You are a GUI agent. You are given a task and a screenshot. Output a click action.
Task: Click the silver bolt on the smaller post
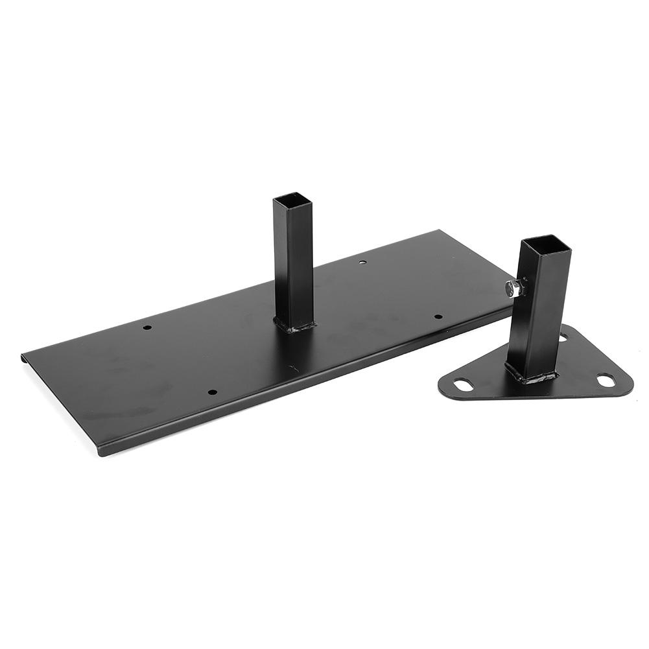coord(516,288)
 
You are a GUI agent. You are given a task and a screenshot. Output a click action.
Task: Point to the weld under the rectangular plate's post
coord(295,326)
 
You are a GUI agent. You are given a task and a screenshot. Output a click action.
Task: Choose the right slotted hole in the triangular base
coord(606,381)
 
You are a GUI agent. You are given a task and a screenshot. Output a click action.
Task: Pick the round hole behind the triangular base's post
coord(563,338)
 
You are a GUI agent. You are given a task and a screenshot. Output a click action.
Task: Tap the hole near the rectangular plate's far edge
coord(362,263)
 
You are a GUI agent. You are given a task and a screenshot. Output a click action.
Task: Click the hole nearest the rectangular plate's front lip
coord(212,392)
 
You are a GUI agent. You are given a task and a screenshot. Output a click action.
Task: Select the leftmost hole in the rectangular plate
coord(147,327)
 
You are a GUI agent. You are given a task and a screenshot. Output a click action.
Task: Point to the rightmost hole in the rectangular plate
coord(438,317)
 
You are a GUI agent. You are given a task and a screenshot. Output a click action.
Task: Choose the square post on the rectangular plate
coord(293,266)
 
